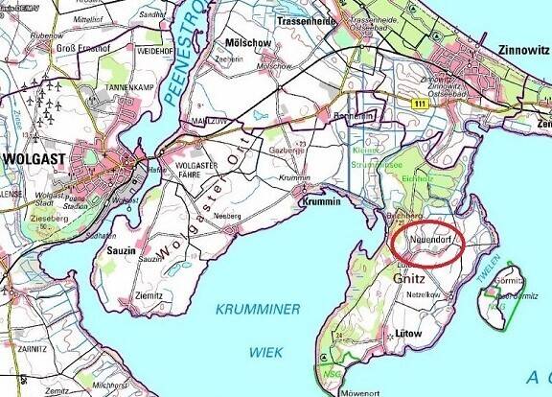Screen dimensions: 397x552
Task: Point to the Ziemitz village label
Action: [149, 296]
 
